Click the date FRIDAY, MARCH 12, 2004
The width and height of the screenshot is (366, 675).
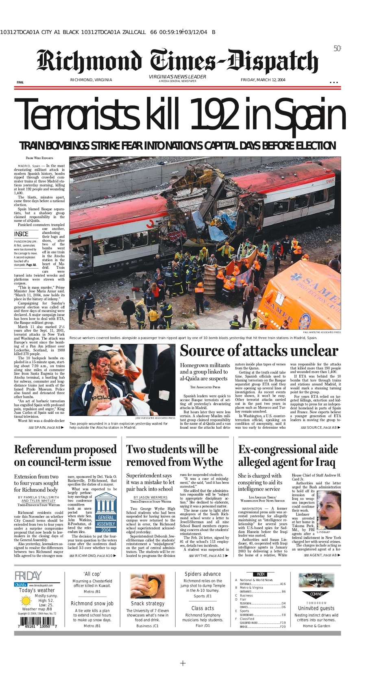263,80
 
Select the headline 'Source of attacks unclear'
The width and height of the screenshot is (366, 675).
259,351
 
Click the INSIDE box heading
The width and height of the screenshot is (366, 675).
22,234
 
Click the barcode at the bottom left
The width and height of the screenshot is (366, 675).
37,622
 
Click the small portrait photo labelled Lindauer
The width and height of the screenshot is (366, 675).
329,510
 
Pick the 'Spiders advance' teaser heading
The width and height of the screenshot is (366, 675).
203,574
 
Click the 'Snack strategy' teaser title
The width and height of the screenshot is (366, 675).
148,603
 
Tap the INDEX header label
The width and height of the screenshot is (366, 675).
261,574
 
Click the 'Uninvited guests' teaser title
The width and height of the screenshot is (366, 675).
316,608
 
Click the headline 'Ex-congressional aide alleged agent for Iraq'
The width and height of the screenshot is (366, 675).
288,456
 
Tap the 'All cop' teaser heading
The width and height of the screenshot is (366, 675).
92,574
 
